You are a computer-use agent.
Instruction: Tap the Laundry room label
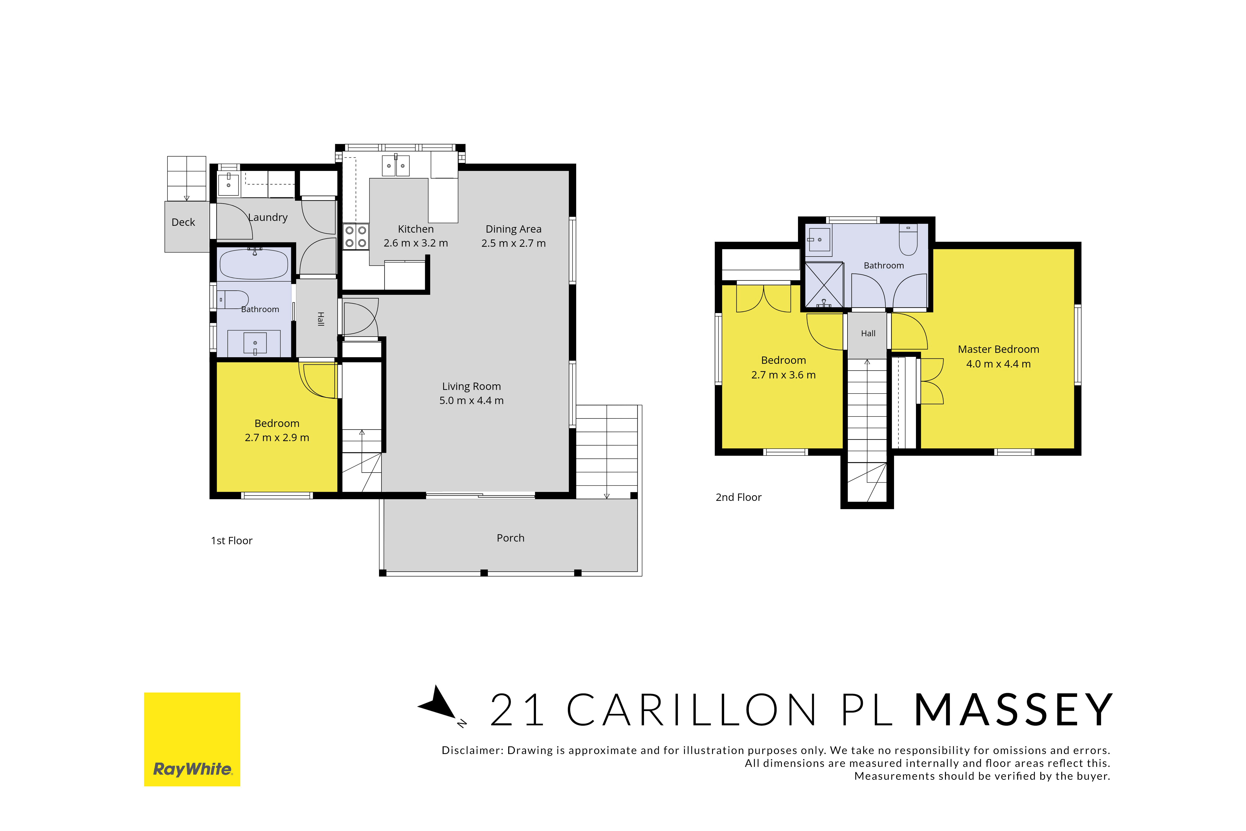click(x=268, y=217)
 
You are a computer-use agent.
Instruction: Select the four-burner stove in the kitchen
click(x=355, y=236)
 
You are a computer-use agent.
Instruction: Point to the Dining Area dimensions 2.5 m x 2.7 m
click(x=513, y=243)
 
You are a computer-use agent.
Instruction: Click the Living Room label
click(x=471, y=386)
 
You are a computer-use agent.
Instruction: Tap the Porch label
click(x=511, y=538)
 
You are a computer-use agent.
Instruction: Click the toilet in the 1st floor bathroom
click(x=233, y=299)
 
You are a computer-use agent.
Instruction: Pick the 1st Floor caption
click(x=232, y=541)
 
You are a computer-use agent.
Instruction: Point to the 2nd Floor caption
click(x=739, y=497)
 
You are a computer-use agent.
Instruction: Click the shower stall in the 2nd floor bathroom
click(x=824, y=285)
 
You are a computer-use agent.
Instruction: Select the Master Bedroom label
click(x=999, y=349)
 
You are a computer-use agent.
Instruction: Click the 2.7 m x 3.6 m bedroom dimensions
click(x=784, y=375)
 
